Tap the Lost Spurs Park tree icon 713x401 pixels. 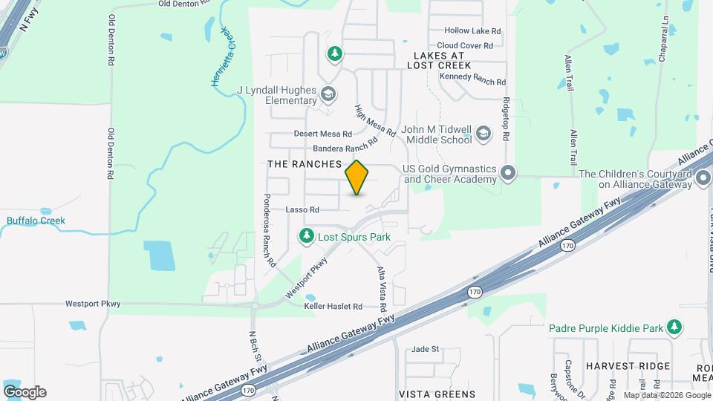(x=306, y=236)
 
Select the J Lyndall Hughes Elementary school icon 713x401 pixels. (x=328, y=95)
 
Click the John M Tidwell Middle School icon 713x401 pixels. (x=484, y=134)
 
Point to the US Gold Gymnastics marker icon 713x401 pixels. (x=508, y=173)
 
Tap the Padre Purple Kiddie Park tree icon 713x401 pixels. (x=674, y=327)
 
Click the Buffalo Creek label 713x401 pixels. (x=36, y=221)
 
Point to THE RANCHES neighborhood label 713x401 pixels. (x=304, y=163)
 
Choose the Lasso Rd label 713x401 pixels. (x=302, y=210)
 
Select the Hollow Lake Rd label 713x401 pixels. (x=472, y=31)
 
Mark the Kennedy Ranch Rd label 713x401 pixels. (x=472, y=82)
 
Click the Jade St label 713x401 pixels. (x=426, y=348)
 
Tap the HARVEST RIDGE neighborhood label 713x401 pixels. (x=628, y=366)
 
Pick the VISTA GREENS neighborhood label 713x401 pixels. (x=437, y=394)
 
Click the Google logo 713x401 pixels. (x=25, y=391)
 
